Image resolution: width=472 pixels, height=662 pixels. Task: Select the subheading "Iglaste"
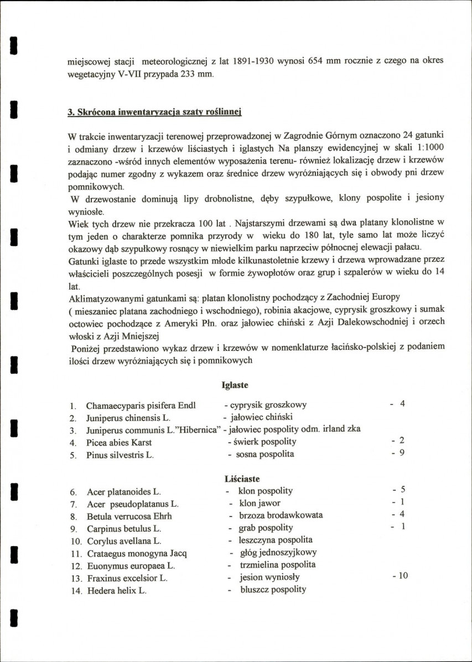tap(234, 385)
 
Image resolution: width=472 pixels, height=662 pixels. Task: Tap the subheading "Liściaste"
tap(242, 479)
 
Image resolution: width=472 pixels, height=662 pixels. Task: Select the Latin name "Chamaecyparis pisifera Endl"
tap(141, 405)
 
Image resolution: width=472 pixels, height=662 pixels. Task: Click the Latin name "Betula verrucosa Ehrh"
tap(129, 516)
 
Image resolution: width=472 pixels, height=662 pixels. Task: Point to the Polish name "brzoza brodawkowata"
tap(281, 515)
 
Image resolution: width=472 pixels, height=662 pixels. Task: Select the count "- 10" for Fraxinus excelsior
tap(400, 576)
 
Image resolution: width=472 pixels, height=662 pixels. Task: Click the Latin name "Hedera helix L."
tap(117, 591)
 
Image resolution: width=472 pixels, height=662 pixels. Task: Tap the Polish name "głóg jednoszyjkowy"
tap(278, 552)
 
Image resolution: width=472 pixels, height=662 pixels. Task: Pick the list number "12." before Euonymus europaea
tap(77, 566)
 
